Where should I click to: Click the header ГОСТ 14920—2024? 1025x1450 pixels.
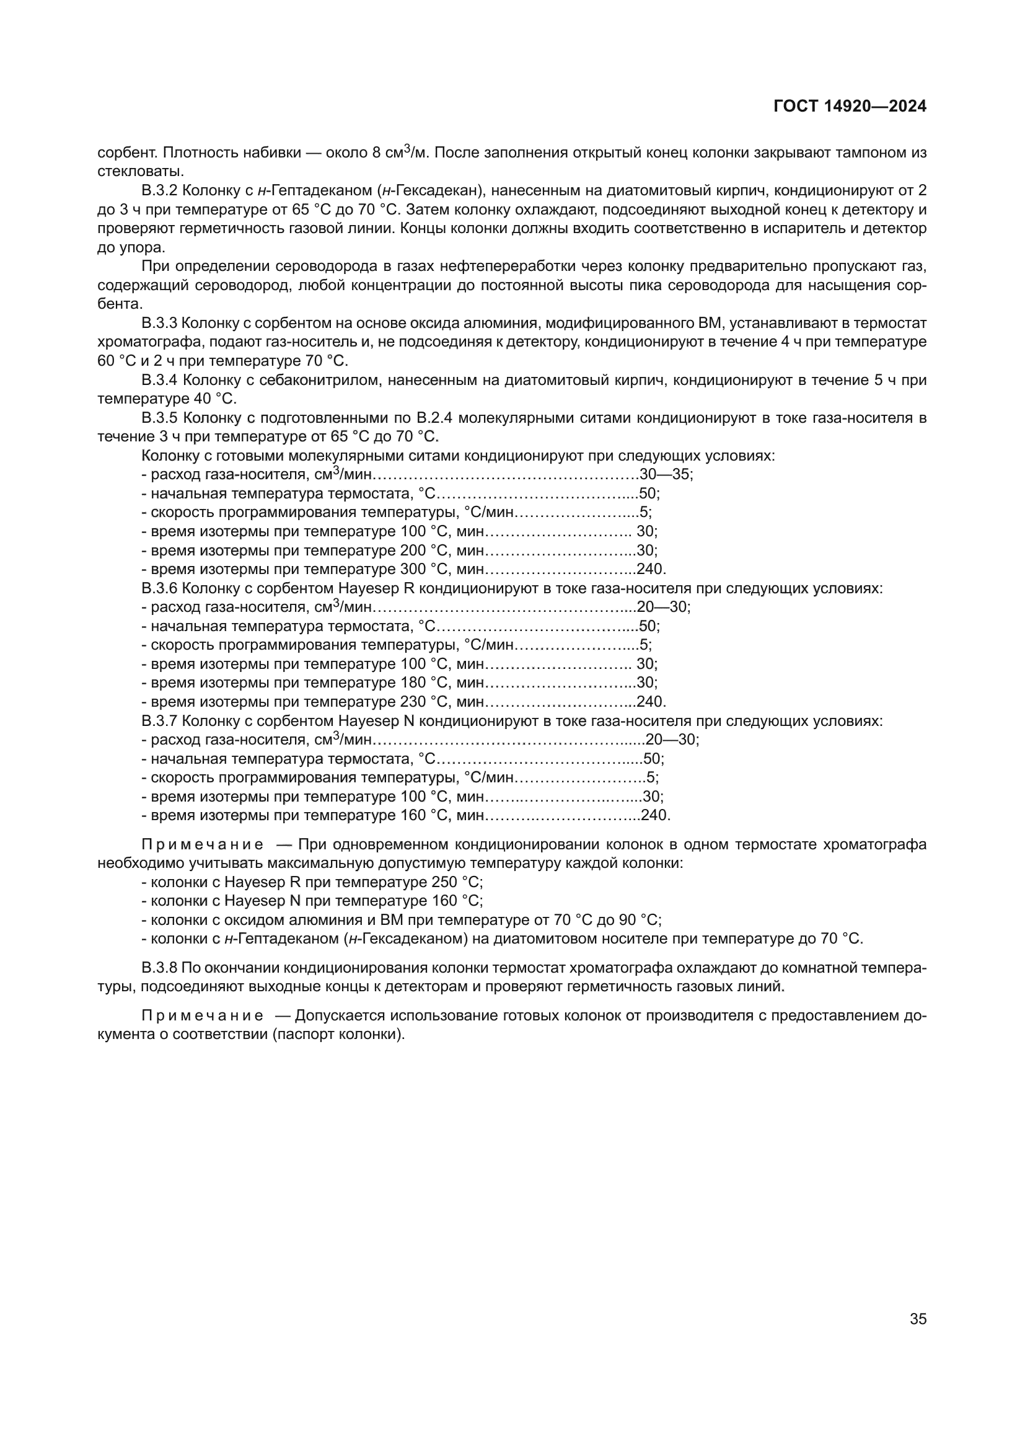tap(850, 107)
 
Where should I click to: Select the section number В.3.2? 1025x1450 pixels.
tap(160, 191)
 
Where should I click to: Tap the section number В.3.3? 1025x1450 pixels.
tap(160, 324)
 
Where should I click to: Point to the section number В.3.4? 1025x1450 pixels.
tap(160, 380)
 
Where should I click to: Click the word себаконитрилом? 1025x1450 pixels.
tap(322, 380)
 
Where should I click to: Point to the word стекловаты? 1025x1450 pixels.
tap(139, 171)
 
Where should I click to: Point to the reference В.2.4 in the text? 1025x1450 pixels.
tap(433, 418)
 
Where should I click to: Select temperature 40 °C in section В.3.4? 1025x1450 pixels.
tap(215, 399)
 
